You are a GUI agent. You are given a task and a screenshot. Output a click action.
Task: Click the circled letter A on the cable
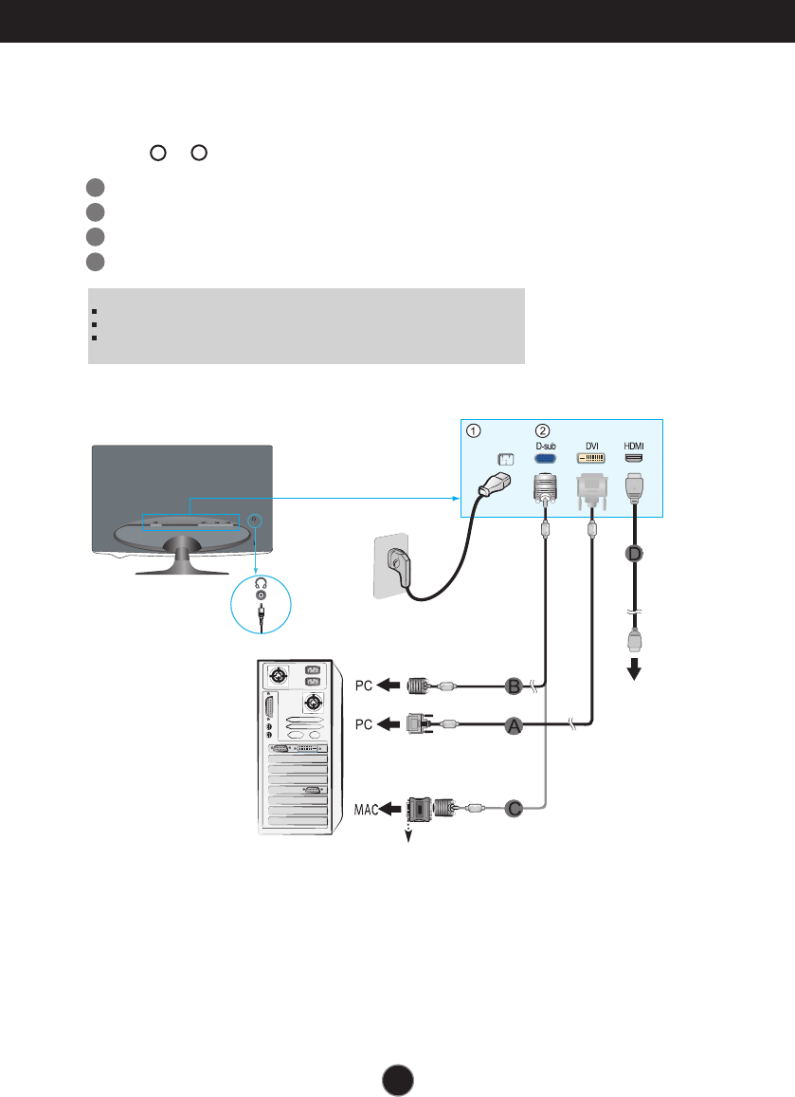click(x=513, y=725)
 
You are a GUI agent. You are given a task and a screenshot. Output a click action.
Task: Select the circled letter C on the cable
click(x=513, y=809)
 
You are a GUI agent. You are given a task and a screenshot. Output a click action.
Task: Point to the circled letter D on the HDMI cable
click(x=633, y=553)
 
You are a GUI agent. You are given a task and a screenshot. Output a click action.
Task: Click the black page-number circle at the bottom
click(x=398, y=1077)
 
